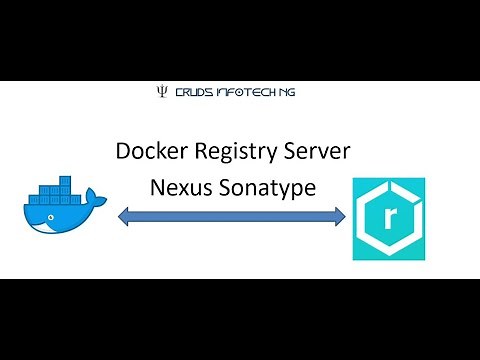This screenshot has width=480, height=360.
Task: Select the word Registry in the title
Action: point(237,152)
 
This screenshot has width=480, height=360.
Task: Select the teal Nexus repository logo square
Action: point(389,219)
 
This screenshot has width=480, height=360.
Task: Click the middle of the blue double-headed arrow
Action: point(232,214)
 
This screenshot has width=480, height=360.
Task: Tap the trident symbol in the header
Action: point(162,92)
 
